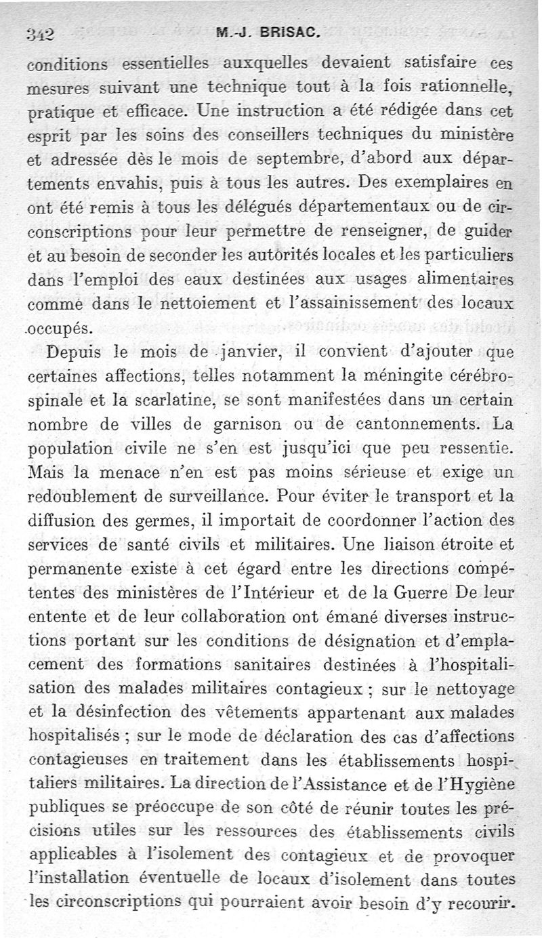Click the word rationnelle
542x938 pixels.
[x=465, y=87]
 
